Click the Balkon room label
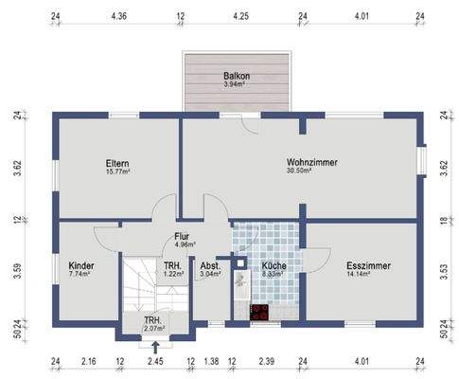pos(238,76)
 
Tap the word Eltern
pos(117,163)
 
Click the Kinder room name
pos(81,266)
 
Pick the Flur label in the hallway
pos(183,238)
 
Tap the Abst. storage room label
pos(210,266)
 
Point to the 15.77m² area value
pos(117,172)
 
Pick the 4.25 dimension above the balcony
pos(240,16)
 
